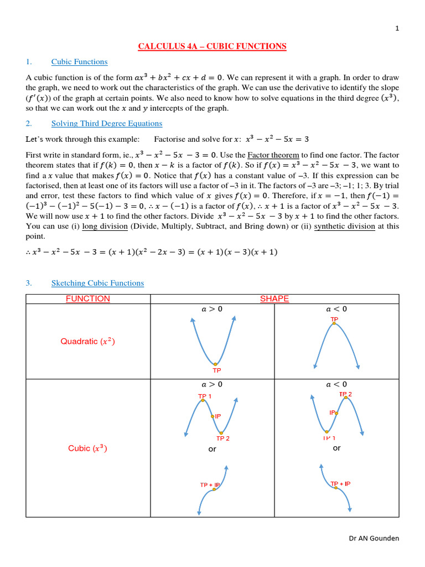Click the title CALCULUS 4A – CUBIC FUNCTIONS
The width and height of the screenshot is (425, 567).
point(212,47)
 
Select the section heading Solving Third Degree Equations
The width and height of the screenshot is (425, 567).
point(107,123)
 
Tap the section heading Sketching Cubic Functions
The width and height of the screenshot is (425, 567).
point(97,283)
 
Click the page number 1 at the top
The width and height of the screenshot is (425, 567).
point(397,29)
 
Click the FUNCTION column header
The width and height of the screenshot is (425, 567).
point(88,299)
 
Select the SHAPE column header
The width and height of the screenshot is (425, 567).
point(274,299)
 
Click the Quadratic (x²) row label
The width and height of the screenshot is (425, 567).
point(88,342)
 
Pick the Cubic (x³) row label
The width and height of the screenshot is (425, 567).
point(88,449)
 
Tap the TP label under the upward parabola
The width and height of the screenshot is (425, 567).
point(216,371)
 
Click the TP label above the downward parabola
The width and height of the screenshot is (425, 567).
point(334,319)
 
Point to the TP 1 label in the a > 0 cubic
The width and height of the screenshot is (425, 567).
point(205,396)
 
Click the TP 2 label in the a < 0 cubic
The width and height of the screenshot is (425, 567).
point(345,394)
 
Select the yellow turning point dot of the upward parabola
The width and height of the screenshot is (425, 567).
point(215,364)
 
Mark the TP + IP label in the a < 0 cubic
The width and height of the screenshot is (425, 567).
point(340,484)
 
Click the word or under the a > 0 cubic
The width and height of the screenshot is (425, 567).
point(212,450)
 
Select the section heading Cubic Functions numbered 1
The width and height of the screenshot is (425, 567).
point(79,62)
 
